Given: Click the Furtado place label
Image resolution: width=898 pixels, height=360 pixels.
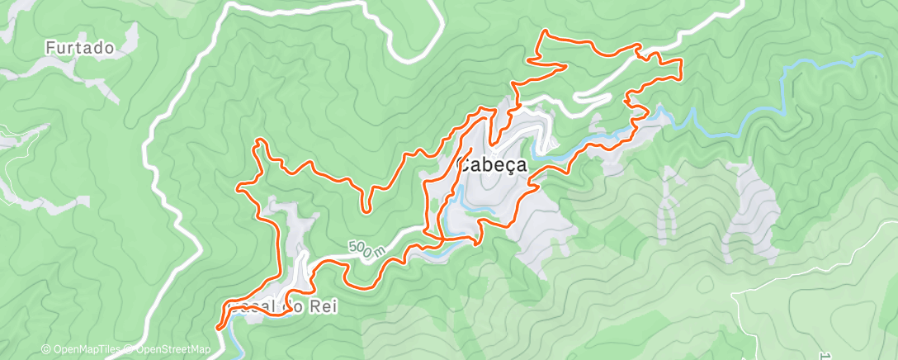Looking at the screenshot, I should pyautogui.click(x=79, y=49).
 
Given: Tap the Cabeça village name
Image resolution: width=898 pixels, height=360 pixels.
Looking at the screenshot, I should pyautogui.click(x=492, y=165).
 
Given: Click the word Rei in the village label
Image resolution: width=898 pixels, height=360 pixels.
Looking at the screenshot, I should pyautogui.click(x=324, y=307).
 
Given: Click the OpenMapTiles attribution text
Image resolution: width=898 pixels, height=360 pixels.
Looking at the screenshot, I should pyautogui.click(x=85, y=350).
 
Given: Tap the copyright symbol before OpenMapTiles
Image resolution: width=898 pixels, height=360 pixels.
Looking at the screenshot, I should pyautogui.click(x=46, y=350).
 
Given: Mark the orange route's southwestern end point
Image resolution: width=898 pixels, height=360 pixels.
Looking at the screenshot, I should pyautogui.click(x=219, y=328).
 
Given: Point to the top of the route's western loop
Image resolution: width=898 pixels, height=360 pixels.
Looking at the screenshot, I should pyautogui.click(x=260, y=141).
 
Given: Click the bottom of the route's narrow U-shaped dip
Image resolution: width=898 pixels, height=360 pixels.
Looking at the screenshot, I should pyautogui.click(x=366, y=210).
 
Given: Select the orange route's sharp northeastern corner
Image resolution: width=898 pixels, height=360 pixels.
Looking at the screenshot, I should pyautogui.click(x=681, y=62).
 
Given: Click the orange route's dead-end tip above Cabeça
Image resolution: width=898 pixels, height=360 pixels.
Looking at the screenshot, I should pyautogui.click(x=471, y=149).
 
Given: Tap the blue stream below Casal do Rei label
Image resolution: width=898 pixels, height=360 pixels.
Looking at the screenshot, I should pyautogui.click(x=231, y=334).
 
